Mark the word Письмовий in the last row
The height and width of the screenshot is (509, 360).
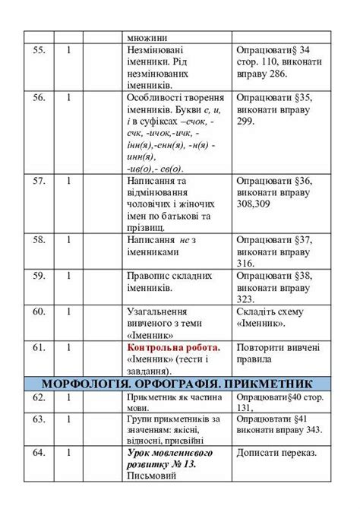click(154, 476)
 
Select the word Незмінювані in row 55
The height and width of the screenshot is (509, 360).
click(159, 50)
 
